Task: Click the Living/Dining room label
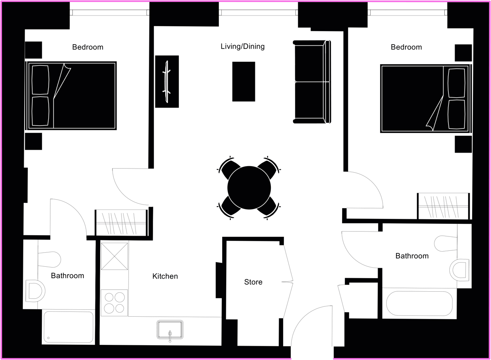[243, 47]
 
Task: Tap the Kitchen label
[165, 276]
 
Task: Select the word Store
[253, 282]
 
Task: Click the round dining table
[249, 188]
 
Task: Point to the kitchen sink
[170, 330]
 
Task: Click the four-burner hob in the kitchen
[114, 303]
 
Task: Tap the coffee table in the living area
[244, 81]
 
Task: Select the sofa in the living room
[312, 82]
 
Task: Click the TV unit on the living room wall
[167, 81]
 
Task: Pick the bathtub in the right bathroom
[419, 304]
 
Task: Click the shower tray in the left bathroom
[69, 327]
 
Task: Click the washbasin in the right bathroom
[459, 270]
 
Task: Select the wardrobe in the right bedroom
[443, 206]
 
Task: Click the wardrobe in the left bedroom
[122, 223]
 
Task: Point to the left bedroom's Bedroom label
[88, 47]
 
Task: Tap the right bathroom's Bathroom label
[412, 256]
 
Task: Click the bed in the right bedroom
[426, 99]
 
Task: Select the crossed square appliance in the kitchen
[115, 256]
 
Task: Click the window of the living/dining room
[258, 13]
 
